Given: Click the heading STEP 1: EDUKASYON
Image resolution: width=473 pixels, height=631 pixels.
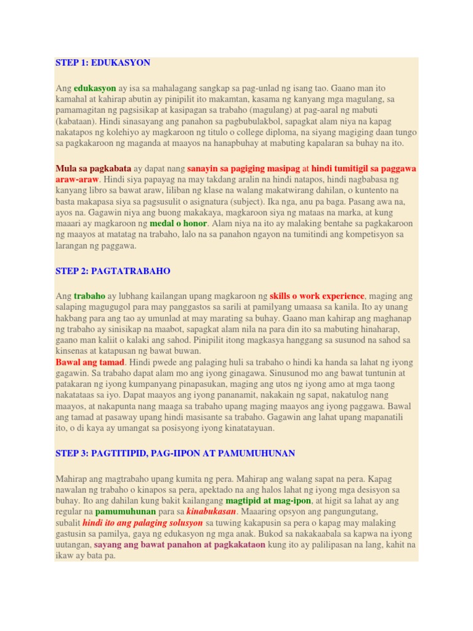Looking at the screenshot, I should point(103,63).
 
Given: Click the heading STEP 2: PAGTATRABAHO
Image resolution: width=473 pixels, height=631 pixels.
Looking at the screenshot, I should point(113,271).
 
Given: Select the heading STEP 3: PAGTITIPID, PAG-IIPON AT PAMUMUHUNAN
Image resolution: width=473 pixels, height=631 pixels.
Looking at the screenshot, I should point(176,454).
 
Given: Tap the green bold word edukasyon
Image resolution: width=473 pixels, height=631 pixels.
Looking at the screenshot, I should point(95,88).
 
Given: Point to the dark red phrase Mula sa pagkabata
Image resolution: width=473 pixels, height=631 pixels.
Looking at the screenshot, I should point(94,168).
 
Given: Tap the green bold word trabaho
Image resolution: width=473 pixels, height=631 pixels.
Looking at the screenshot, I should point(90,296).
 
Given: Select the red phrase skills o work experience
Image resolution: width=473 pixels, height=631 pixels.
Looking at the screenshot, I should point(317,296).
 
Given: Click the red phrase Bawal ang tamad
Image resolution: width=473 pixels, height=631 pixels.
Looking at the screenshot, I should point(90,362).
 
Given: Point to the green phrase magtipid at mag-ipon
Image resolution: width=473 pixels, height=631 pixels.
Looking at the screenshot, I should point(268,501).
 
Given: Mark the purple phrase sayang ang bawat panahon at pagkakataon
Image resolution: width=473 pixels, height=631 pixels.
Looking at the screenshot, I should point(180,545).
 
